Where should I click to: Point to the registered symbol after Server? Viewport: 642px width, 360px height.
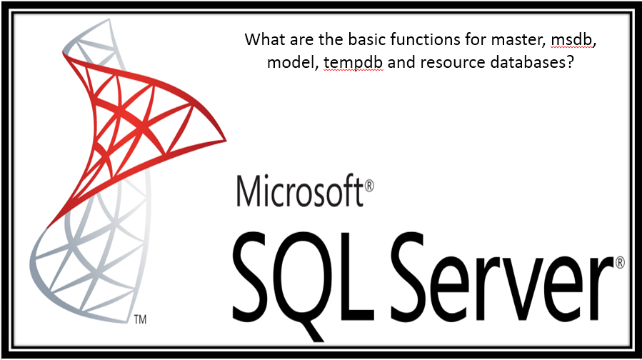point(619,263)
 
